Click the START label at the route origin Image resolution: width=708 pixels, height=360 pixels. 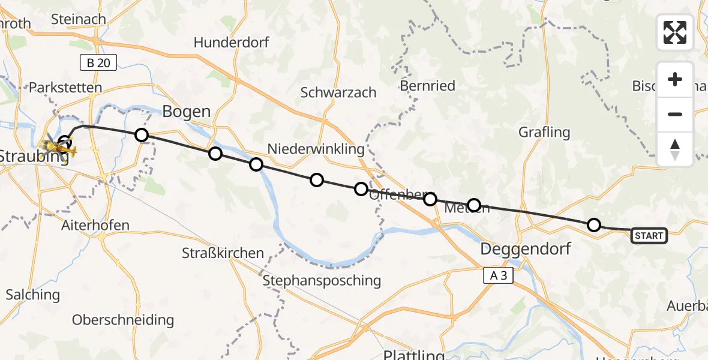coord(649,236)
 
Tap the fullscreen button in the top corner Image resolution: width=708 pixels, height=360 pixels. coord(675,32)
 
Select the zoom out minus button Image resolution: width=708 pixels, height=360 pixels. coord(675,114)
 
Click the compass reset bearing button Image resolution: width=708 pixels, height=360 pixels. coord(675,149)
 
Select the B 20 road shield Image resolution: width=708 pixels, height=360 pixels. coord(98,62)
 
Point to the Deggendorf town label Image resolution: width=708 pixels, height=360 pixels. coord(526,249)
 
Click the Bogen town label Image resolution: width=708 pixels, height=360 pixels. coord(187,112)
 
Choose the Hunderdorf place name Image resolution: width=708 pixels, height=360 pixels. coord(232,43)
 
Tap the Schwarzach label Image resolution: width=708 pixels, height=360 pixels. coord(338,92)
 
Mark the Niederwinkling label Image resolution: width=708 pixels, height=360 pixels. coord(316,149)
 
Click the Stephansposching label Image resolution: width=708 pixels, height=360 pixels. coord(322,280)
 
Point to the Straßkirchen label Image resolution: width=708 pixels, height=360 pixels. coord(223,253)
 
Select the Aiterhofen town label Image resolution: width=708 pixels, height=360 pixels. coord(95,226)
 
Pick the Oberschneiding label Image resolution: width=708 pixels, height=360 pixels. coord(123,320)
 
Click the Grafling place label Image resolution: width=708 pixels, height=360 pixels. coord(544,131)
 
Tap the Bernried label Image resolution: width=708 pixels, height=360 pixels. coord(428,86)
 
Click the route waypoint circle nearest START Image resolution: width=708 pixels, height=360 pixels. coord(593,225)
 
